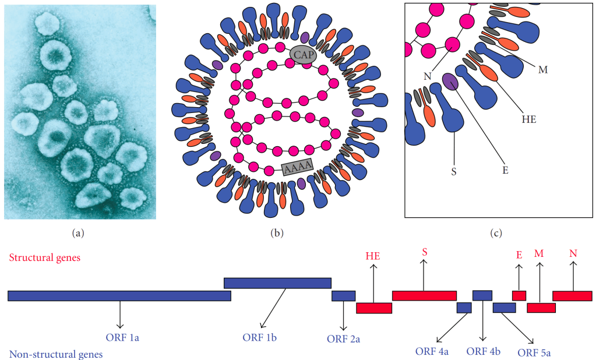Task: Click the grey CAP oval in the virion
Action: [x=302, y=55]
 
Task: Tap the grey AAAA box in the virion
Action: [x=298, y=168]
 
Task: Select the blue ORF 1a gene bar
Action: [x=119, y=296]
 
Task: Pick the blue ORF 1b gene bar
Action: [x=277, y=283]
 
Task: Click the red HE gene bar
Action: [x=374, y=308]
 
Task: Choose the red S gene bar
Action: [x=424, y=295]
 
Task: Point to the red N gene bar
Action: [x=572, y=296]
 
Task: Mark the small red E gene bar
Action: [x=519, y=295]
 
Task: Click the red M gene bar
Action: [x=541, y=308]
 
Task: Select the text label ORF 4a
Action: [x=432, y=351]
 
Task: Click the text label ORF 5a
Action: [x=534, y=352]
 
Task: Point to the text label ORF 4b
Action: [x=484, y=351]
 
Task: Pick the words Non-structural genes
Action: [x=56, y=354]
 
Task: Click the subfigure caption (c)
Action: [x=496, y=234]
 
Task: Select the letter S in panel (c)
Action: [x=453, y=172]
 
